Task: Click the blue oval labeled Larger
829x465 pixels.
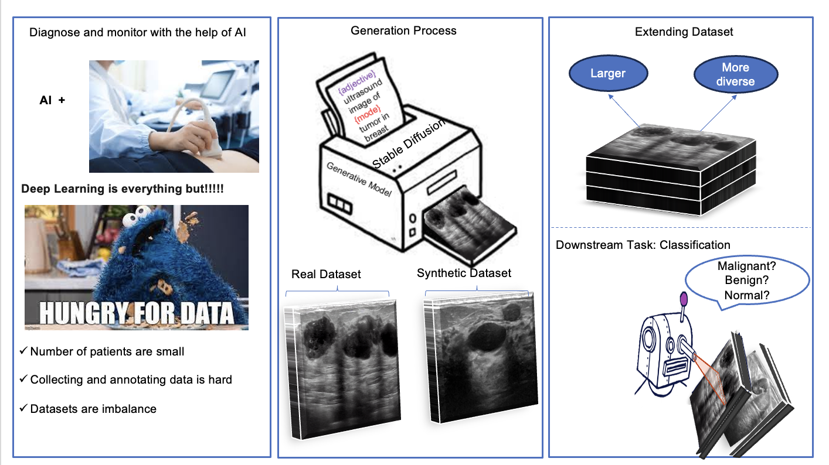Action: pyautogui.click(x=608, y=74)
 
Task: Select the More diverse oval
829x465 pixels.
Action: pyautogui.click(x=735, y=74)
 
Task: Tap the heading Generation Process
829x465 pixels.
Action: pyautogui.click(x=403, y=30)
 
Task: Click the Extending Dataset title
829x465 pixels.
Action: pyautogui.click(x=684, y=32)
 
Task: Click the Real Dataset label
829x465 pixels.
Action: pyautogui.click(x=326, y=274)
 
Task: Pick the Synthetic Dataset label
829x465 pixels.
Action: pyautogui.click(x=464, y=273)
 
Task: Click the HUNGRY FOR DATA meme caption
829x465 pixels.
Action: pyautogui.click(x=136, y=314)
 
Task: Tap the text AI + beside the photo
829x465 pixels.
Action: pyautogui.click(x=52, y=100)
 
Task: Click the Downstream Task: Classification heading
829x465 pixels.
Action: pyautogui.click(x=643, y=245)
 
